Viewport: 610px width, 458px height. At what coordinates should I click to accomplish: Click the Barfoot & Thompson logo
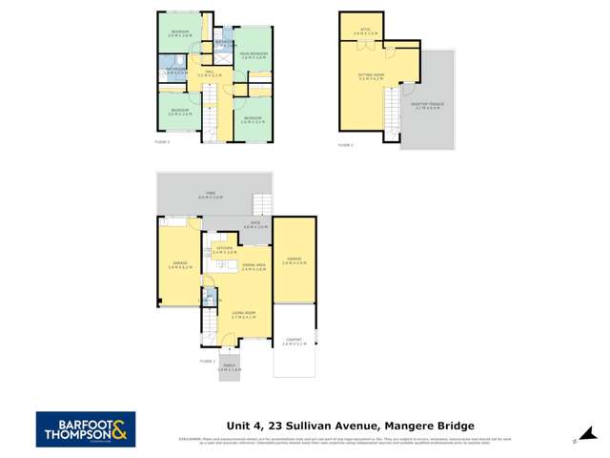(x=86, y=428)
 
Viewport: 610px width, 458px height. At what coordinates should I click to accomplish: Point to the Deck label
(x=253, y=227)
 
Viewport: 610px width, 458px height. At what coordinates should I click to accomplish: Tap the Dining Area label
(x=254, y=267)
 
